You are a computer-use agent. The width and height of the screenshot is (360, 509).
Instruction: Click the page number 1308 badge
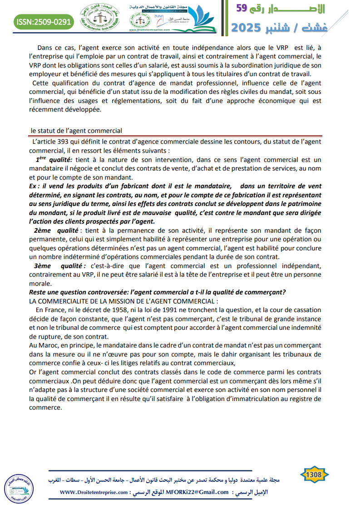pyautogui.click(x=314, y=475)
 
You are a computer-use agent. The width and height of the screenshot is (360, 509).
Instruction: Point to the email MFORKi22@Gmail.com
pyautogui.click(x=197, y=492)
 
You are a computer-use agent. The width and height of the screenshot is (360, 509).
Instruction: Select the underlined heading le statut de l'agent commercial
pyautogui.click(x=76, y=131)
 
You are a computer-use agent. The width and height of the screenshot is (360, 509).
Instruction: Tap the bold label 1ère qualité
pyautogui.click(x=54, y=159)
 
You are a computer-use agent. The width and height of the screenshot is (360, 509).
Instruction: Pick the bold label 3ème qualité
pyautogui.click(x=59, y=265)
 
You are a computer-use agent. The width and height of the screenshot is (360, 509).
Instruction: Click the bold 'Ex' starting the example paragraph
pyautogui.click(x=33, y=186)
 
